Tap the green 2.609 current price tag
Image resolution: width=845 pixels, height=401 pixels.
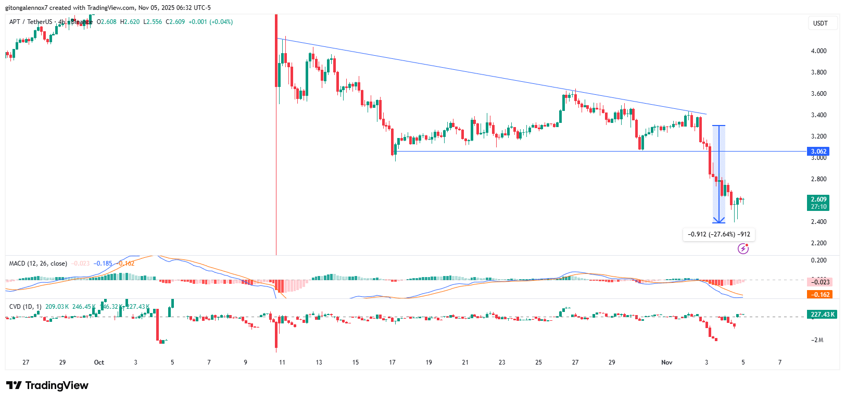tap(818, 203)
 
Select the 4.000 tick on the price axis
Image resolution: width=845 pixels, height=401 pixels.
tap(818, 51)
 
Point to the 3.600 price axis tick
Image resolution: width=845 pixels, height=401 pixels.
tap(818, 94)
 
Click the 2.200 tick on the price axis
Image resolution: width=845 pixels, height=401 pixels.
tap(818, 243)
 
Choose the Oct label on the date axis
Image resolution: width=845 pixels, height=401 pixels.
tap(99, 362)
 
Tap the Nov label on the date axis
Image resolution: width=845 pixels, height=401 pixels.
tap(666, 362)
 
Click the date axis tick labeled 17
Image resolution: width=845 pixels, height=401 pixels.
tap(392, 362)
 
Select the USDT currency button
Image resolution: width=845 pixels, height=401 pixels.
tap(821, 23)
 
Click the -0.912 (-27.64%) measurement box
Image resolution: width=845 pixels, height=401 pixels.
tap(718, 234)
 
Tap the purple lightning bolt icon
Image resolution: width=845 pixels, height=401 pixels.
tap(743, 249)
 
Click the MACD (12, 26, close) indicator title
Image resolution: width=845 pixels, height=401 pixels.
tap(38, 264)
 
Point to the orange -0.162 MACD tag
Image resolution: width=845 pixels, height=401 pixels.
tap(819, 295)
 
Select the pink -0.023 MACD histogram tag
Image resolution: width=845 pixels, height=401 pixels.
tap(819, 282)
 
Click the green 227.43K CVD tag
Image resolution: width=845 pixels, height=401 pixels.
tap(822, 315)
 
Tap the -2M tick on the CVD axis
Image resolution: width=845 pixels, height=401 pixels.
tap(817, 340)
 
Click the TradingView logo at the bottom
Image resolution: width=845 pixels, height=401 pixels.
tap(47, 385)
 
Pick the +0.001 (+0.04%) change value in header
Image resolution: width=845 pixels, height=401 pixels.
tap(210, 22)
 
